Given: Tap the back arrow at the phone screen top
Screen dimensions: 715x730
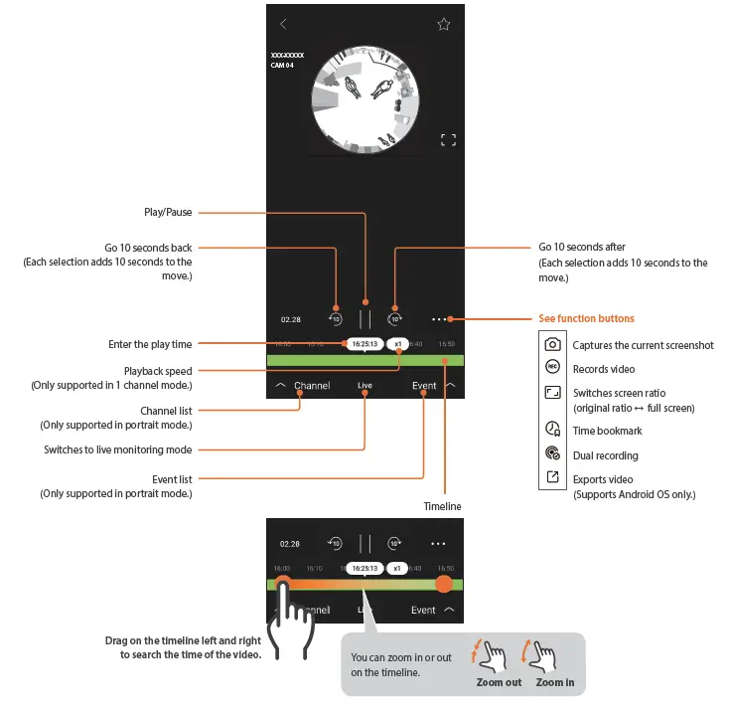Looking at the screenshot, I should coord(283,24).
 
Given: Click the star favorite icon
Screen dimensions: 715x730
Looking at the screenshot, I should coord(444,24).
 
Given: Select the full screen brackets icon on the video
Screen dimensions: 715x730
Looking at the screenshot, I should coord(448,140).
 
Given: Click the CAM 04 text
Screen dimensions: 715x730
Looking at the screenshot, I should coord(282,66).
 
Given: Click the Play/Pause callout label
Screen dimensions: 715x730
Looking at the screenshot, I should coord(168,212).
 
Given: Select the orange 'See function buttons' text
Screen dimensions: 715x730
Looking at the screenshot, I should coord(586,319).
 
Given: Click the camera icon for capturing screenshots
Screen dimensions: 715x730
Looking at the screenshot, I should coord(553,344).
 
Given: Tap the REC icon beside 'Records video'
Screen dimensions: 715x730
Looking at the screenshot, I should coord(553,368).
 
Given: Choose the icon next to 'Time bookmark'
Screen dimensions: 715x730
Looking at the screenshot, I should coord(553,431).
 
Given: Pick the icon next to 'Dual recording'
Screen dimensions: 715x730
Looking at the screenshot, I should coord(553,455).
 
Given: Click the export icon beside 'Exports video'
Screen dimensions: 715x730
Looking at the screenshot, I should coord(553,479).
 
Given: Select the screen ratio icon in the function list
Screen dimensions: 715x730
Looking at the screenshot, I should coord(553,394).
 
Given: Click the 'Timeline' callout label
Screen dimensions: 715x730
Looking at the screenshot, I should coord(442,506).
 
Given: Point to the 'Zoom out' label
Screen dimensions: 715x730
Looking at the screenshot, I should coord(499,683).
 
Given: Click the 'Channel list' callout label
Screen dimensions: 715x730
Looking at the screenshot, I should coord(166,410).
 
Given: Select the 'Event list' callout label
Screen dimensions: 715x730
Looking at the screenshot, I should coord(172,479).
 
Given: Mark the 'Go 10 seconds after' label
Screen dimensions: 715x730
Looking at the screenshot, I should coord(582,247).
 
